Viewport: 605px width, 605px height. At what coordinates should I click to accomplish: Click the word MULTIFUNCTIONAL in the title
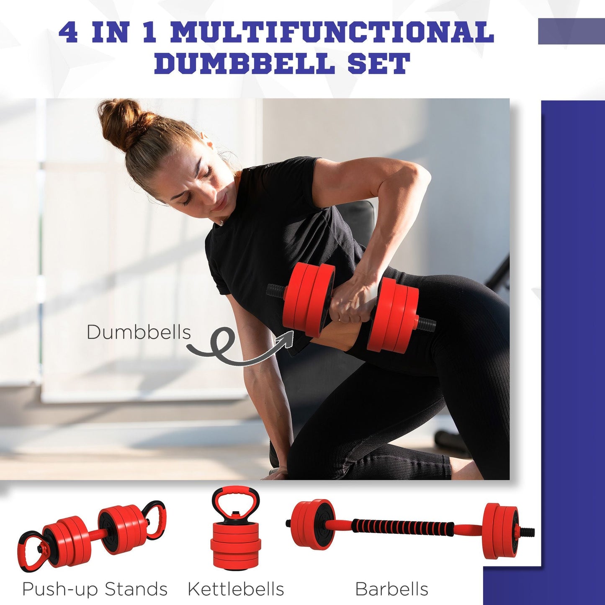pyautogui.click(x=332, y=32)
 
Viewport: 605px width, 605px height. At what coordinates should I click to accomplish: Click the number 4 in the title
pyautogui.click(x=68, y=32)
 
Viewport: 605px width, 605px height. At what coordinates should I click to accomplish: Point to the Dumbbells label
pyautogui.click(x=139, y=332)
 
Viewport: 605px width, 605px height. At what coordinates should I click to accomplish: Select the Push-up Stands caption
pyautogui.click(x=95, y=589)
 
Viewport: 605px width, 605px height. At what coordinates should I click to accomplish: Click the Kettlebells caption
pyautogui.click(x=236, y=589)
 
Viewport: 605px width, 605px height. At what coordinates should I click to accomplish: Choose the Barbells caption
pyautogui.click(x=391, y=589)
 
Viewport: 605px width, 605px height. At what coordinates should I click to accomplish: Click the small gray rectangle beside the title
pyautogui.click(x=571, y=31)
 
